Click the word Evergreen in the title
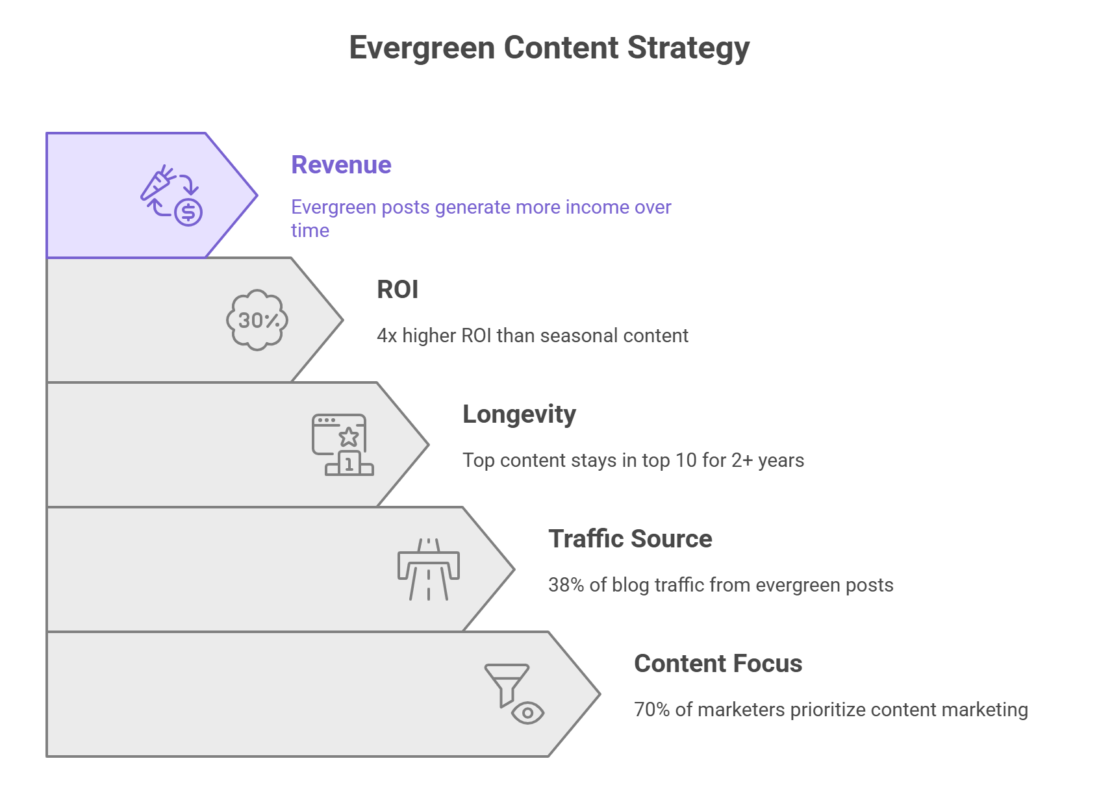coord(422,48)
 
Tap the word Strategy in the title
coord(688,48)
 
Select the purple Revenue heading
coord(342,165)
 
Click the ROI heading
coord(398,290)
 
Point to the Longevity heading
coord(519,415)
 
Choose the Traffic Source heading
coord(630,538)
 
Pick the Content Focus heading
coord(718,664)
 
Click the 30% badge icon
coord(257,319)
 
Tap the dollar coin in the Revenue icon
coord(188,212)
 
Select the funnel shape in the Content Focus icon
coord(507,684)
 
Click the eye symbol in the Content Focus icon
coord(527,712)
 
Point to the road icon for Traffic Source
coord(428,569)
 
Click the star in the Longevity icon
coord(349,436)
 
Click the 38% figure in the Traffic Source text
coord(566,585)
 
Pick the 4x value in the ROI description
coord(386,336)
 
